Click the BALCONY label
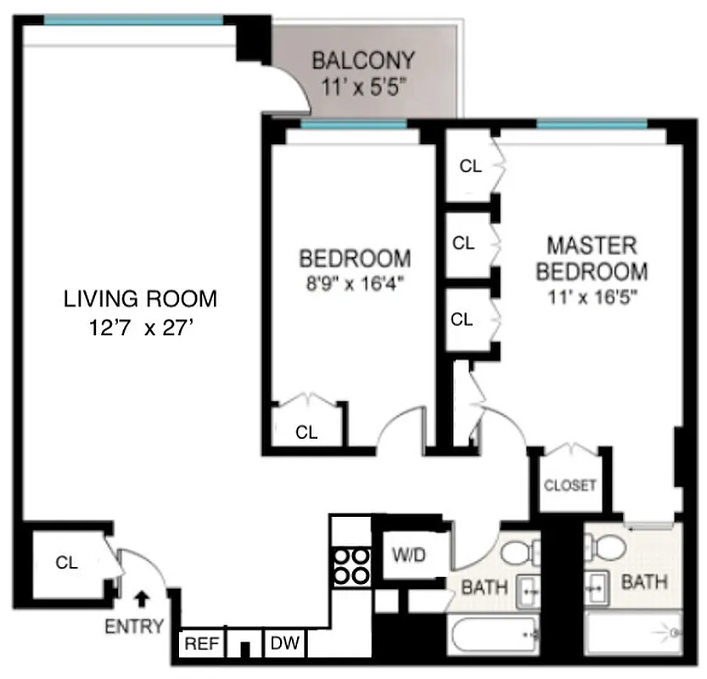click(362, 61)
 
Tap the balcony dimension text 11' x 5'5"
click(362, 85)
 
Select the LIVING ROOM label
click(141, 299)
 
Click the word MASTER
click(592, 246)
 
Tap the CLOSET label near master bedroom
click(570, 486)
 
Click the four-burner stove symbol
click(351, 564)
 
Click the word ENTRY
click(134, 627)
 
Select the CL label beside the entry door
click(67, 562)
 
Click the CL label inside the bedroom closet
click(306, 432)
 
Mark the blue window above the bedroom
click(353, 125)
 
